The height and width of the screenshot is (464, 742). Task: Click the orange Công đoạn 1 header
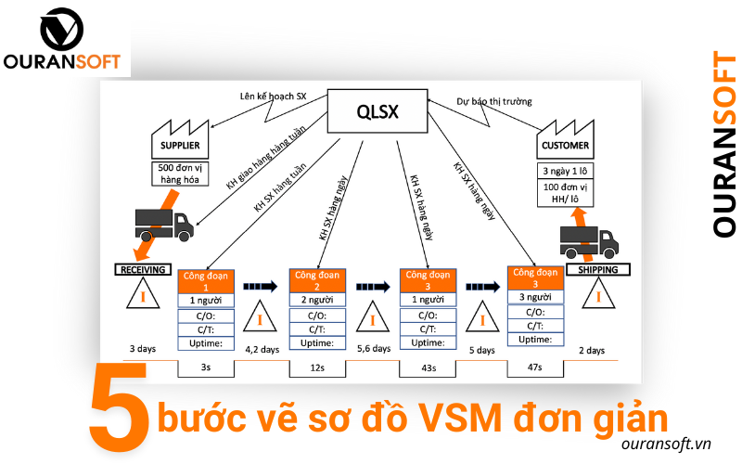208,281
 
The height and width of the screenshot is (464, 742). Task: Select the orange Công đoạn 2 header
317,281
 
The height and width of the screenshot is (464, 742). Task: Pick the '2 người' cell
317,301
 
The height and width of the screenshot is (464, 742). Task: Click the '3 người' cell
536,297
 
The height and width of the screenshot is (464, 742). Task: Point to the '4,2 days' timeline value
262,350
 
